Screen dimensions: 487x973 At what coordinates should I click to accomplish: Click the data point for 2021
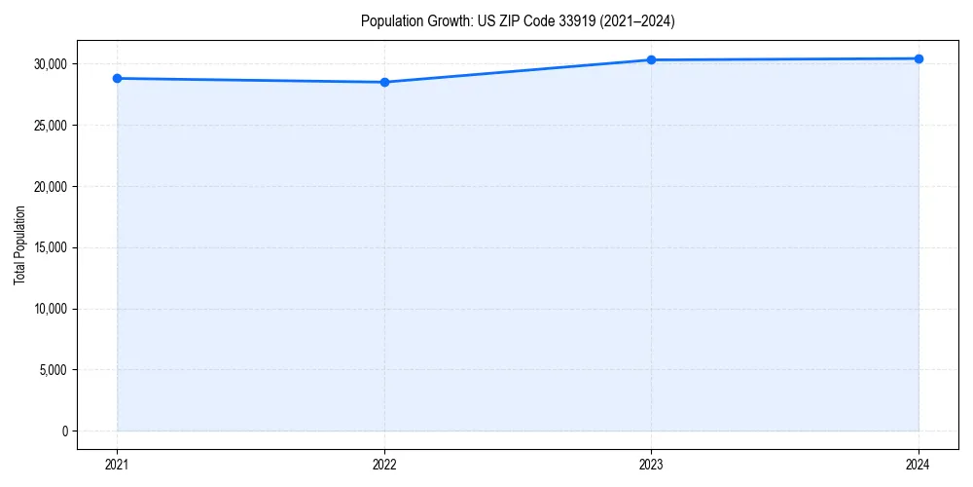(117, 78)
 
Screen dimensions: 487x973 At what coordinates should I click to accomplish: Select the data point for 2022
(384, 82)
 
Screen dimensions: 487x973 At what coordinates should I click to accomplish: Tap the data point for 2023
(651, 59)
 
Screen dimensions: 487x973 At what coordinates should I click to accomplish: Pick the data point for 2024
(919, 58)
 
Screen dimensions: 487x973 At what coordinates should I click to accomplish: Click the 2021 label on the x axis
(117, 465)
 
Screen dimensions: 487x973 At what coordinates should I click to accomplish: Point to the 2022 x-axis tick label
(384, 465)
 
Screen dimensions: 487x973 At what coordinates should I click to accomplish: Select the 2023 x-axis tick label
(651, 465)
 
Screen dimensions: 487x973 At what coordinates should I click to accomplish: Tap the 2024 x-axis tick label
(919, 465)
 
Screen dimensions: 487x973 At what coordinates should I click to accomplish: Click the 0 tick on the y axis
(64, 431)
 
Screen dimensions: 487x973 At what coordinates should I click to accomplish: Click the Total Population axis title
(19, 245)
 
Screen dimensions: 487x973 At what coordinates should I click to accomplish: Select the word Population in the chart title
(386, 20)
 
